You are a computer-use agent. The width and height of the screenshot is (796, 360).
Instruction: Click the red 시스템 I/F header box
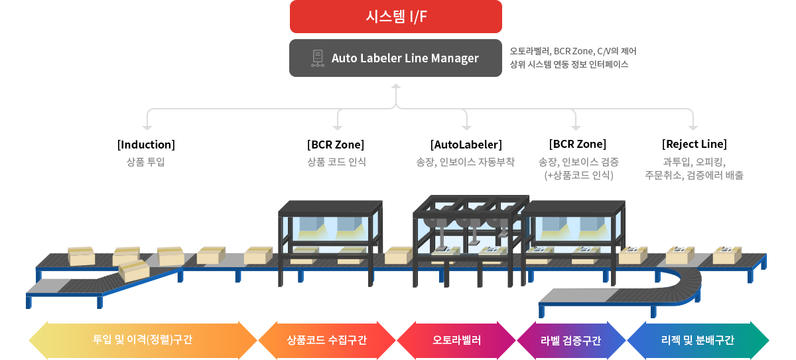pos(395,17)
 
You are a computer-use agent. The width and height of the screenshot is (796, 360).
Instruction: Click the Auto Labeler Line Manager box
pos(395,58)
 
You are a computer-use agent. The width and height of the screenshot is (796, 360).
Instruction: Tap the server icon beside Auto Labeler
pos(317,58)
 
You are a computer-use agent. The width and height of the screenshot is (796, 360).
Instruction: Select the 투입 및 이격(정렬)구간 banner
pos(144,339)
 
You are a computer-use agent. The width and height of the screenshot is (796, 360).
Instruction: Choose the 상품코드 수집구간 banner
pos(327,339)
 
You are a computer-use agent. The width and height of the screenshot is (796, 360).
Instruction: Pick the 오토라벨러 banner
pos(457,339)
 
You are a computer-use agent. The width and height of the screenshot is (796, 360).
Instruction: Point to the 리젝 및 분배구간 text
pos(697,339)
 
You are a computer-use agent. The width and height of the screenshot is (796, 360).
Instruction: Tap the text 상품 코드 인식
pos(336,162)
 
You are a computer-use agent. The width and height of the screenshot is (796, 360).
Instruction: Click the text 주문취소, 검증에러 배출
pos(694,175)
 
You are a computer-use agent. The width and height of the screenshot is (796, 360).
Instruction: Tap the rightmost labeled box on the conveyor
pos(727,254)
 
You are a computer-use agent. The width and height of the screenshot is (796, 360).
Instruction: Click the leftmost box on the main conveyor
pos(82,255)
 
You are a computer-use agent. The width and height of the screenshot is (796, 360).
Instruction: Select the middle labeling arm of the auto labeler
pos(476,225)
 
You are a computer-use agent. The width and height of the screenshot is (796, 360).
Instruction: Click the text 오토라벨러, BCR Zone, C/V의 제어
pos(573,51)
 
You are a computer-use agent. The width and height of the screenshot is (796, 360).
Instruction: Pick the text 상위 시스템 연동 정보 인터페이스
pos(568,64)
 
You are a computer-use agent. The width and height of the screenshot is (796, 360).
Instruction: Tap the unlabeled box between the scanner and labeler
pos(398,255)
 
